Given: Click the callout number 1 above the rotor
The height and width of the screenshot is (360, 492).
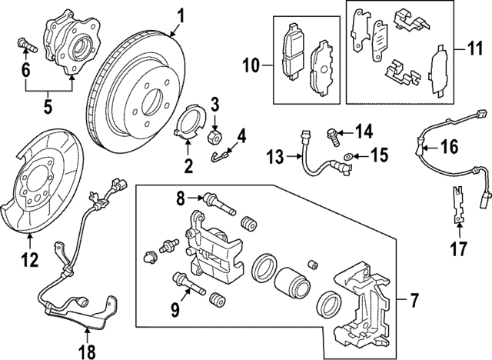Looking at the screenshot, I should pyautogui.click(x=181, y=15).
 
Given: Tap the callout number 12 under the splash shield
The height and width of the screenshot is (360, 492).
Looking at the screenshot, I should pyautogui.click(x=28, y=260).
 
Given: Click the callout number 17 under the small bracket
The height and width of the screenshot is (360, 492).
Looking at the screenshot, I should pyautogui.click(x=460, y=248).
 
